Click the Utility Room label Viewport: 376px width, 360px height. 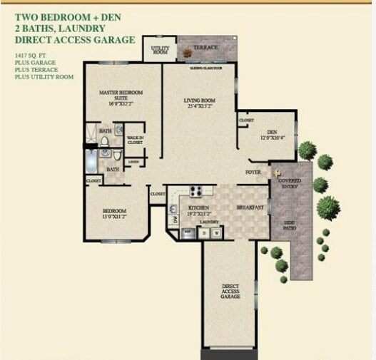160,51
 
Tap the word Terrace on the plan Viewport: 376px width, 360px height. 205,47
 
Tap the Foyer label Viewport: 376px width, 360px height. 253,173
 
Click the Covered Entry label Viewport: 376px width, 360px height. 290,184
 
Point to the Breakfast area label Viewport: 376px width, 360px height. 250,207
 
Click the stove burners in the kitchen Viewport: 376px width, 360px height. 197,190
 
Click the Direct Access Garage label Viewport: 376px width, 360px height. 230,291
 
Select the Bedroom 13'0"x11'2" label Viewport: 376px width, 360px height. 114,214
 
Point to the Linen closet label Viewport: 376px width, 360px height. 133,162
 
